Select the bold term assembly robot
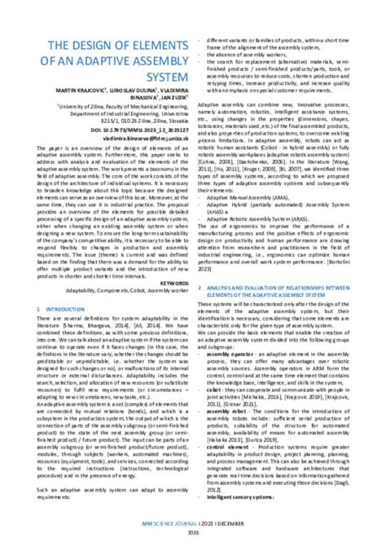pyautogui.click(x=225, y=408)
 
